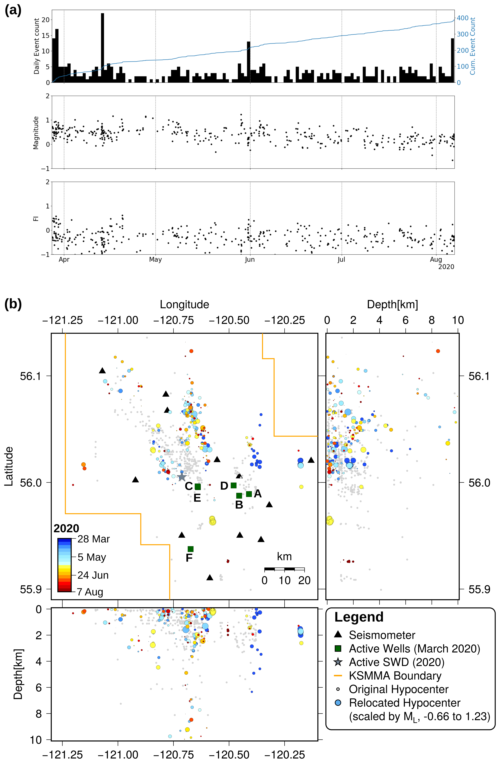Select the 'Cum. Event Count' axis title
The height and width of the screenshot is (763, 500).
(x=472, y=46)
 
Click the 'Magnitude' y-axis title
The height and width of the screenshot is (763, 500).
(x=36, y=133)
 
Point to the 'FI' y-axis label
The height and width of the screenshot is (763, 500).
(x=36, y=219)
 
